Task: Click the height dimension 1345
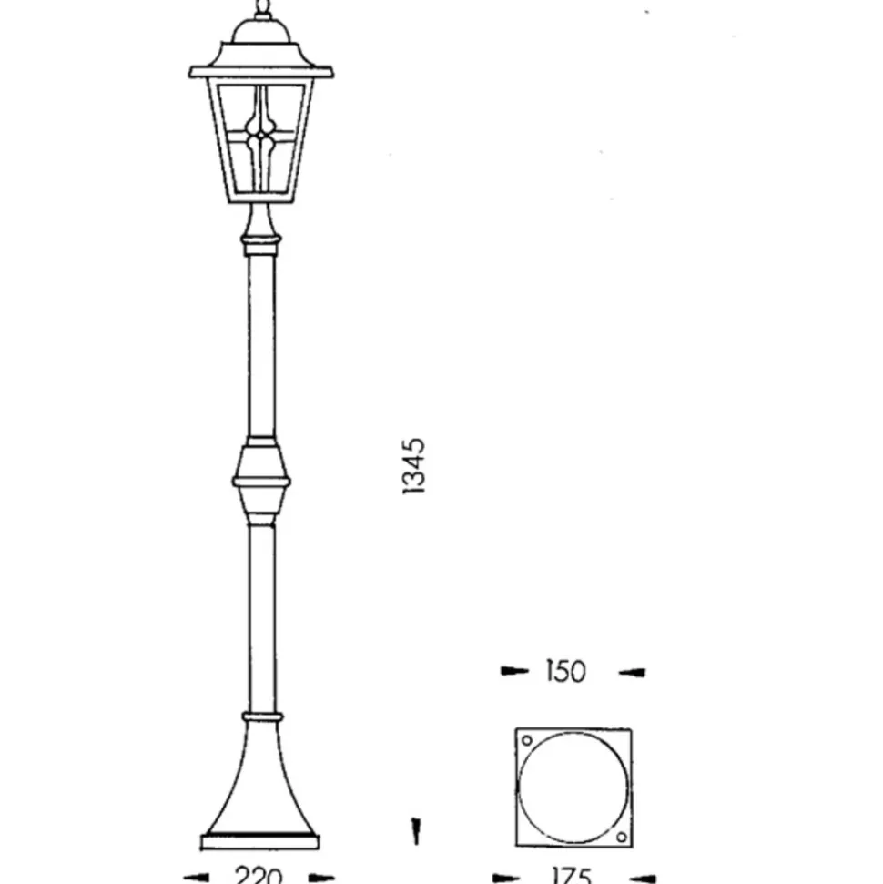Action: coord(413,466)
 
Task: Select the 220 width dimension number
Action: coord(259,877)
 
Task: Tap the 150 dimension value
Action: coord(565,672)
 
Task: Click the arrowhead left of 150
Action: coord(514,672)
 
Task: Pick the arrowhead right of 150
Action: coord(632,673)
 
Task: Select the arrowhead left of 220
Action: coord(197,878)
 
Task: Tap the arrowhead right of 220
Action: coord(320,878)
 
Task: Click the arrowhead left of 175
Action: coord(506,879)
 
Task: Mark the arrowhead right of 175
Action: coord(642,879)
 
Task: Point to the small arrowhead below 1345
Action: coord(415,830)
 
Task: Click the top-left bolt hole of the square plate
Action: coord(525,740)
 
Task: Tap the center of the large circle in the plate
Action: coord(572,788)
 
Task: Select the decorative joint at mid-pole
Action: coord(261,480)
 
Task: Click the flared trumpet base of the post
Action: coord(260,783)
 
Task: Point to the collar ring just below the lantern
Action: coord(261,243)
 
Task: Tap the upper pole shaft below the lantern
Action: coord(261,346)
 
